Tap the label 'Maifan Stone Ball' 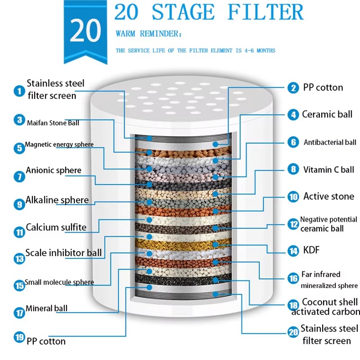[53, 122]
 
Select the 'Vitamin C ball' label [328, 170]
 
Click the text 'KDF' [311, 250]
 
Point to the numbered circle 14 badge [293, 251]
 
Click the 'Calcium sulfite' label [56, 227]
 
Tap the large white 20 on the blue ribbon [85, 31]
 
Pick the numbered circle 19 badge [18, 337]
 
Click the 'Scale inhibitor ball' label [63, 253]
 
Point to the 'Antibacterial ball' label [330, 143]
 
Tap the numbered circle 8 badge [293, 170]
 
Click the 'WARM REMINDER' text [149, 34]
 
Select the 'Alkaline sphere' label [57, 200]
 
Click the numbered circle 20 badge [293, 333]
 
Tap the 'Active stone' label [328, 196]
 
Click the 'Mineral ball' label [46, 309]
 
